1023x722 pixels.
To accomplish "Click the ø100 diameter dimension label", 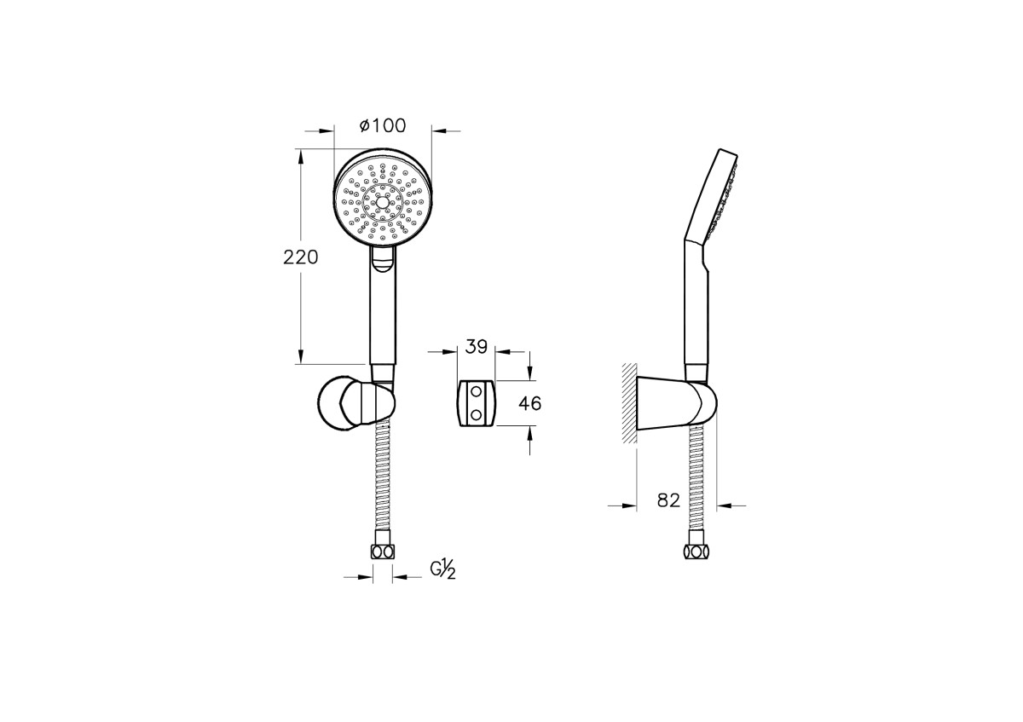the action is tap(383, 125).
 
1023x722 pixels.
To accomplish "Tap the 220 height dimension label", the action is tap(300, 257).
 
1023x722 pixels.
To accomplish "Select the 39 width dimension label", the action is tap(477, 347).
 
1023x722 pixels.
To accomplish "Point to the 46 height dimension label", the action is tap(529, 404).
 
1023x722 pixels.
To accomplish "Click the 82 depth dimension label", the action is tap(668, 500).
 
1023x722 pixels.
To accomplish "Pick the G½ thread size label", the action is tap(442, 571).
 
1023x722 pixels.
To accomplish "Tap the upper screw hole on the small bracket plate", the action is tap(477, 391).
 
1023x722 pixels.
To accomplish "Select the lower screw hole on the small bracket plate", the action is tap(477, 414).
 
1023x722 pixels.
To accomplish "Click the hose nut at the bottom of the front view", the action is tap(383, 552).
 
